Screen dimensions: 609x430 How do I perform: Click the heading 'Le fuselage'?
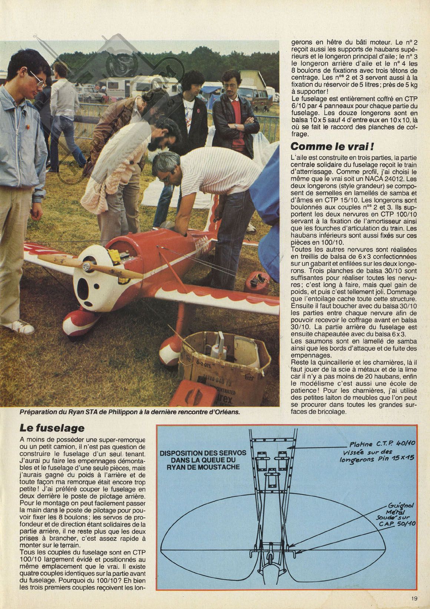(x=52, y=428)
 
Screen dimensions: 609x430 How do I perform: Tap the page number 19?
(x=414, y=598)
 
